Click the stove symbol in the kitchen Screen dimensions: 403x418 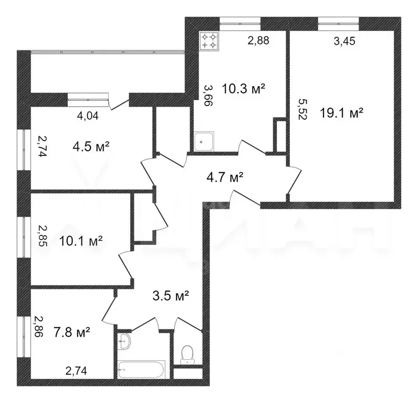pyautogui.click(x=208, y=41)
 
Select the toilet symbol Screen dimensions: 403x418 pyautogui.click(x=187, y=354)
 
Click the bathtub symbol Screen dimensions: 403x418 pyautogui.click(x=141, y=367)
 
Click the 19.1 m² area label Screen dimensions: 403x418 pyautogui.click(x=342, y=113)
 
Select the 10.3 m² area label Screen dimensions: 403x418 pyautogui.click(x=243, y=89)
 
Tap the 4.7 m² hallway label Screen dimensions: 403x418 pyautogui.click(x=224, y=178)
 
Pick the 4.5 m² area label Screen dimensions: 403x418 pyautogui.click(x=91, y=146)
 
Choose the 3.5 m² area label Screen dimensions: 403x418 pyautogui.click(x=170, y=296)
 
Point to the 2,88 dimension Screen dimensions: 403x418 pyautogui.click(x=258, y=40)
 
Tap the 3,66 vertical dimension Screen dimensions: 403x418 pyautogui.click(x=207, y=96)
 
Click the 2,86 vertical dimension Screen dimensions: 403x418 pyautogui.click(x=39, y=326)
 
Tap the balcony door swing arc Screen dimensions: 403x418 pyautogui.click(x=122, y=100)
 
